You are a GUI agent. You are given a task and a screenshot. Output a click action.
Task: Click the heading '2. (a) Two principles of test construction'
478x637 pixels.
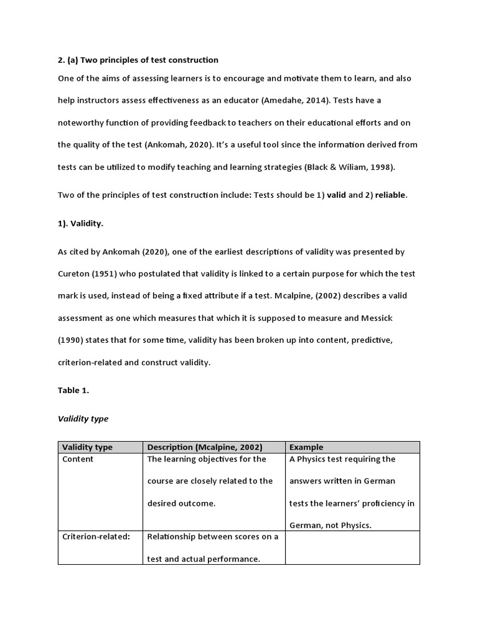coord(138,60)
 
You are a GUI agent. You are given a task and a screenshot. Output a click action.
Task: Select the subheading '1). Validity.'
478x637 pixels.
coord(81,223)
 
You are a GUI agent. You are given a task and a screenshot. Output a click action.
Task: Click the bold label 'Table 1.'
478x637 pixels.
coord(73,391)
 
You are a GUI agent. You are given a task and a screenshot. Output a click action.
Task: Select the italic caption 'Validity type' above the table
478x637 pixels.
coord(83,419)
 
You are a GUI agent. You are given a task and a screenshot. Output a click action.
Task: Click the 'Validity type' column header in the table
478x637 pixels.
coord(88,447)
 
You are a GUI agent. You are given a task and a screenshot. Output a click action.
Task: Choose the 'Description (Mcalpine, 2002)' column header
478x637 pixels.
coord(205,447)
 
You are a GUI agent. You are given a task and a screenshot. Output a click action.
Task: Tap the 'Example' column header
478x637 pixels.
coord(307,447)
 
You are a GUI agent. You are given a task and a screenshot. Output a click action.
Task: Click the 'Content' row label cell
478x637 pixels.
coord(78,459)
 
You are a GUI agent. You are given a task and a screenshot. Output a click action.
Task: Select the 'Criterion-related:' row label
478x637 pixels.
coord(96,537)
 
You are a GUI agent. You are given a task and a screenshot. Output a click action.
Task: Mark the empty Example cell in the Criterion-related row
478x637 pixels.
coord(352,547)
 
